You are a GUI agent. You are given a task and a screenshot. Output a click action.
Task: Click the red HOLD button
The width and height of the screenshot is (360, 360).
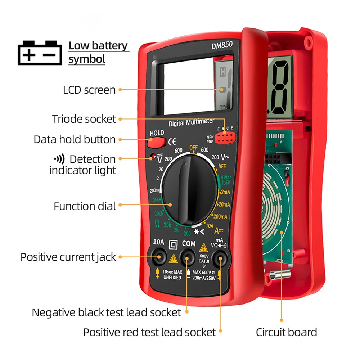click(156, 142)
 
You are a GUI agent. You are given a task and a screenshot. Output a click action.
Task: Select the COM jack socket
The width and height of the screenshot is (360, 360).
click(188, 257)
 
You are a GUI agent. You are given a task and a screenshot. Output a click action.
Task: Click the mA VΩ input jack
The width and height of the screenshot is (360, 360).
click(219, 257)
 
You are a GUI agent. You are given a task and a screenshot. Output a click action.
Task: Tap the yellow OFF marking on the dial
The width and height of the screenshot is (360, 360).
click(194, 148)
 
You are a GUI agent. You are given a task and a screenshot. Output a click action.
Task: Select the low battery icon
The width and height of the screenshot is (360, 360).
click(38, 53)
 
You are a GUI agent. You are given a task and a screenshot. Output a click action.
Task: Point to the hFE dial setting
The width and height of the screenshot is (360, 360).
click(222, 166)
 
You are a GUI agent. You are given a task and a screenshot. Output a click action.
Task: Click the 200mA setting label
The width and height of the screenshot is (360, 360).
click(220, 216)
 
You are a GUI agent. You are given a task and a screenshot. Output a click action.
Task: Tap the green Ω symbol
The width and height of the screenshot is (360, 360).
click(157, 224)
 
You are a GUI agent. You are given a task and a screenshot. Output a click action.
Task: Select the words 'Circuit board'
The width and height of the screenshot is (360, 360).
click(286, 332)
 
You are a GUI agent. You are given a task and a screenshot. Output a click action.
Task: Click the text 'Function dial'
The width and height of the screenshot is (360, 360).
click(85, 206)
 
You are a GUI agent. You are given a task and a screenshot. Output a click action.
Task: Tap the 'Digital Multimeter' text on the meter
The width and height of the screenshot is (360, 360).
click(191, 123)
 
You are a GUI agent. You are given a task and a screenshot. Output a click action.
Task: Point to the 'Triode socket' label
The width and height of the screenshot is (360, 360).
click(84, 119)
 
